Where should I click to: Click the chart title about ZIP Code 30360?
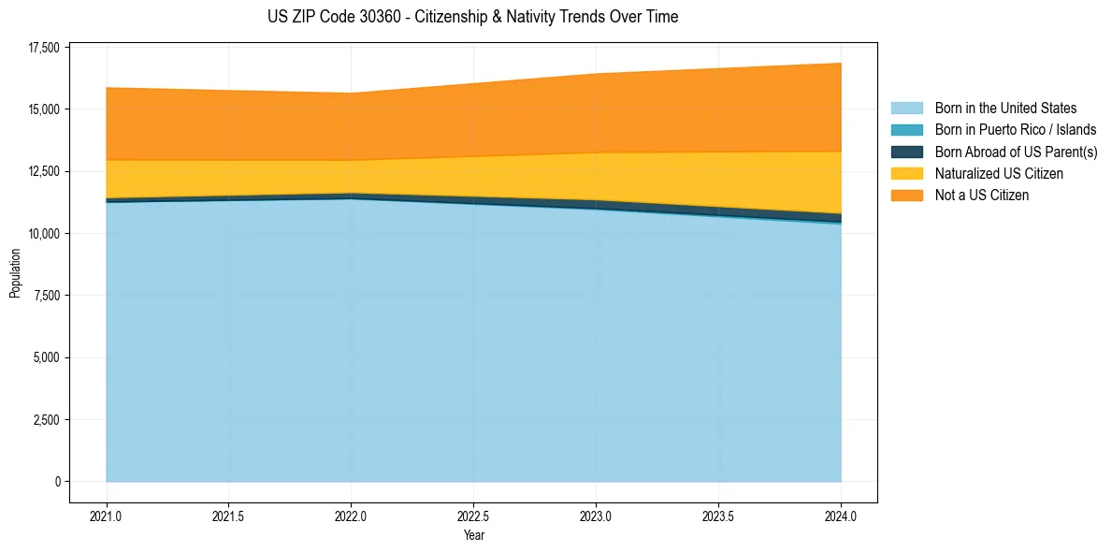pos(472,17)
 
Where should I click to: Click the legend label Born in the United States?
pos(1005,109)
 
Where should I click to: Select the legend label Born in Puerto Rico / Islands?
pos(1016,130)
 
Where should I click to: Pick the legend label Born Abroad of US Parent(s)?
pos(1016,152)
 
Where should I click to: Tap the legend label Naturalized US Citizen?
pos(999,174)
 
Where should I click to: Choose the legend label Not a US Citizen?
pos(981,196)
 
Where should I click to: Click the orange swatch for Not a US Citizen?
pos(906,196)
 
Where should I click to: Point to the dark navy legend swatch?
pos(906,152)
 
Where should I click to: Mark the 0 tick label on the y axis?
pos(57,482)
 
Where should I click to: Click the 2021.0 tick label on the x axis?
pos(107,516)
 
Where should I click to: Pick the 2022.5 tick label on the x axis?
pos(473,516)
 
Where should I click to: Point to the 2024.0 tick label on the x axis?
pos(841,516)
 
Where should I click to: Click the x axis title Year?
pos(473,536)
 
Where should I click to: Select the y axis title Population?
pos(15,273)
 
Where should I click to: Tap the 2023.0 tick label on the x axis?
pos(596,516)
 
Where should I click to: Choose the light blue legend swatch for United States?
pos(906,109)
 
